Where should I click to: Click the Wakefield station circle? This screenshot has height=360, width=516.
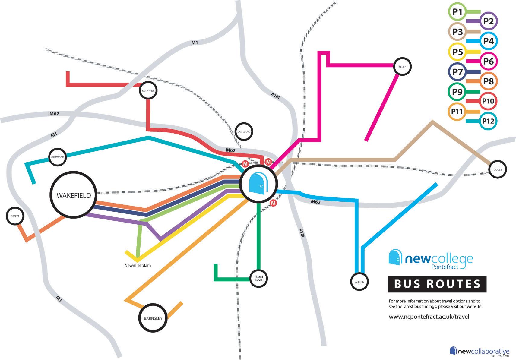(x=74, y=195)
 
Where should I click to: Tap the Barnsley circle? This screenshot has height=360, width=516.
(x=153, y=318)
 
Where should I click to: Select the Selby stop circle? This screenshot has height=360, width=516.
(x=402, y=67)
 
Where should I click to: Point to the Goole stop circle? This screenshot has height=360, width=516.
(x=498, y=169)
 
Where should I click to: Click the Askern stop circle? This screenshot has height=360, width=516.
(x=359, y=282)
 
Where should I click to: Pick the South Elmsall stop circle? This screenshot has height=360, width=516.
(x=259, y=278)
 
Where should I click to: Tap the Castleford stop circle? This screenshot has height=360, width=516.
(x=244, y=132)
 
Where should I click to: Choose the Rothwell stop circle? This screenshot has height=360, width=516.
(x=148, y=90)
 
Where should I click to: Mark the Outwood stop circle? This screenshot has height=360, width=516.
(x=57, y=157)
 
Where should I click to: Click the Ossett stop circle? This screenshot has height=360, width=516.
(x=15, y=216)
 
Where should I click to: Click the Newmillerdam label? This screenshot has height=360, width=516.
(x=138, y=266)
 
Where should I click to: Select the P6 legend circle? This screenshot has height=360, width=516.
(x=488, y=61)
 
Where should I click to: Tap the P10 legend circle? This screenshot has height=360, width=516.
(x=488, y=101)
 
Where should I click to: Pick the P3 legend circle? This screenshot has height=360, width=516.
(x=457, y=32)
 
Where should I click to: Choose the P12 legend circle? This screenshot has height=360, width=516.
(x=488, y=121)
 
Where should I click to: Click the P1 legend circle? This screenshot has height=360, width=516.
(x=457, y=12)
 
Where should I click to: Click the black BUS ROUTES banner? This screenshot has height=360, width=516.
(x=437, y=284)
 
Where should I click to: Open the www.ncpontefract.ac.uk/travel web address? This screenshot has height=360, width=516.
(x=429, y=317)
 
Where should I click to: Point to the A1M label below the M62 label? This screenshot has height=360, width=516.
(x=302, y=232)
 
